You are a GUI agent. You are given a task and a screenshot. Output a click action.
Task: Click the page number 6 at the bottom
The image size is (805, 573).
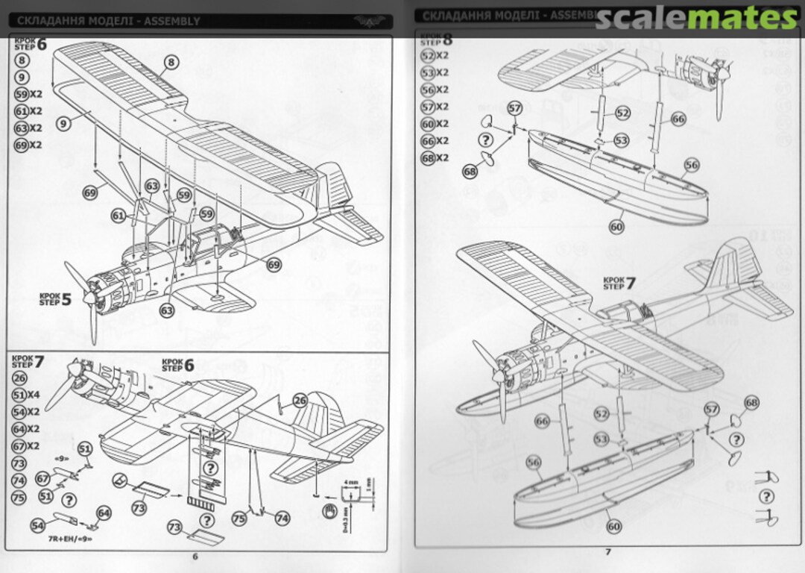(195, 556)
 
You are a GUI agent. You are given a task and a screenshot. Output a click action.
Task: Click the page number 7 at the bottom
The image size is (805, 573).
(607, 552)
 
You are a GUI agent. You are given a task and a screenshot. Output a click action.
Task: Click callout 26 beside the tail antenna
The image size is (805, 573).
(300, 400)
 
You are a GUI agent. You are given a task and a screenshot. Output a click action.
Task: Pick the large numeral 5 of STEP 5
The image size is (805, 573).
(66, 300)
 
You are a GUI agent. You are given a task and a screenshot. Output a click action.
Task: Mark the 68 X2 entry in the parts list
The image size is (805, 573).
(435, 158)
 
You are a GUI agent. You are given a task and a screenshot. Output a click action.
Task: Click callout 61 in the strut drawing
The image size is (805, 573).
(119, 216)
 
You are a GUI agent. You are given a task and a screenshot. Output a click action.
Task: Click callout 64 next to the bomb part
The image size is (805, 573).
(104, 513)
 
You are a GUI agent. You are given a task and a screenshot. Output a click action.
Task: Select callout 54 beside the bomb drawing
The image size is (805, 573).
(37, 525)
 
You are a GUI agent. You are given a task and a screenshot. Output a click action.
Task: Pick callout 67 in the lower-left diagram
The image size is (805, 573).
(43, 478)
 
